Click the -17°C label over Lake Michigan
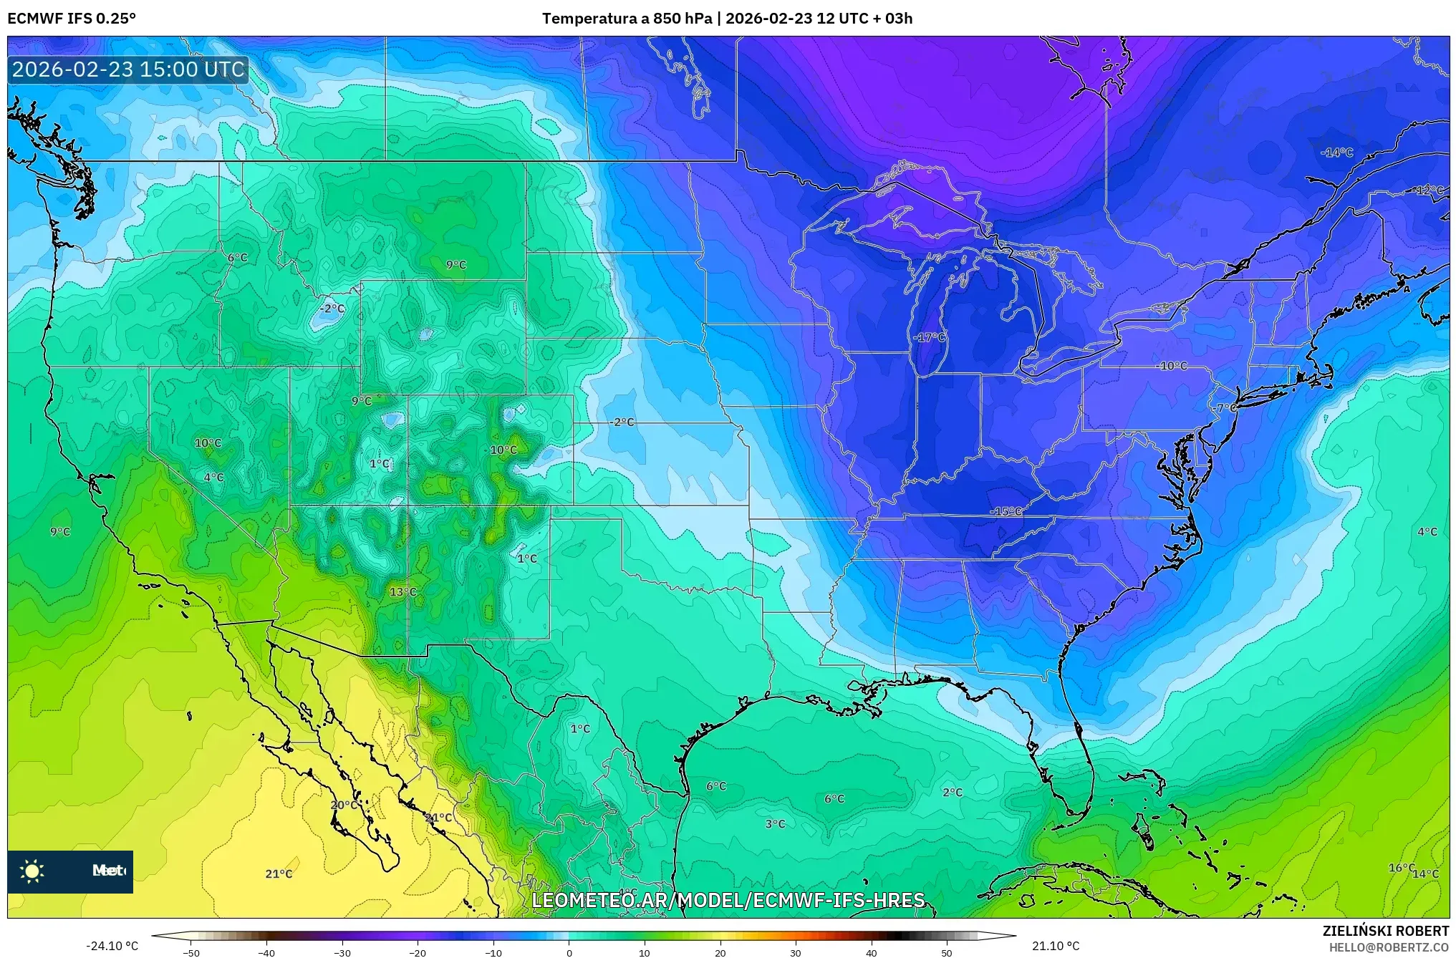click(x=930, y=337)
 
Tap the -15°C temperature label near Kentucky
click(x=1006, y=511)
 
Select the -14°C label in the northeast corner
click(x=1336, y=153)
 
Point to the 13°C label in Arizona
click(x=402, y=591)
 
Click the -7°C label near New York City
click(x=1226, y=407)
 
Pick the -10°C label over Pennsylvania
click(x=1172, y=366)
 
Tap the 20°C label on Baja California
click(x=344, y=805)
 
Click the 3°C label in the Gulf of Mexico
click(x=775, y=824)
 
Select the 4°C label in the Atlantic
click(x=1427, y=531)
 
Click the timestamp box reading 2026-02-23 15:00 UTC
click(x=128, y=69)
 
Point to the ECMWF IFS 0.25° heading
click(x=72, y=19)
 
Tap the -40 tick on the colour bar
click(x=266, y=952)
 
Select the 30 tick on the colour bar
click(x=796, y=952)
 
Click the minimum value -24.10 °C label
click(x=112, y=946)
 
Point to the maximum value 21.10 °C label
click(x=1055, y=946)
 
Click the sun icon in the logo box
click(x=32, y=871)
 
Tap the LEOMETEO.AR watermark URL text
click(x=728, y=900)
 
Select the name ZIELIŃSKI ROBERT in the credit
click(x=1385, y=931)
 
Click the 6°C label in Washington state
click(x=237, y=258)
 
